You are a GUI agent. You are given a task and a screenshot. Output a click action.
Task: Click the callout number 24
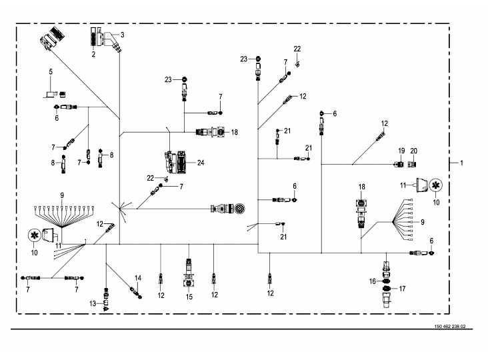(201, 163)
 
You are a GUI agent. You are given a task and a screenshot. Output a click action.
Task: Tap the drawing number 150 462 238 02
(450, 327)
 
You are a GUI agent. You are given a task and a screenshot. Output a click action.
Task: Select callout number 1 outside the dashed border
(461, 163)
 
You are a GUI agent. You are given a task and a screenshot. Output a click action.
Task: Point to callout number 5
(51, 72)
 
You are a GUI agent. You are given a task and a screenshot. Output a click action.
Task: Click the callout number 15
(189, 297)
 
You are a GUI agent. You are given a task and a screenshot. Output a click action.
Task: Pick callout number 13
(93, 303)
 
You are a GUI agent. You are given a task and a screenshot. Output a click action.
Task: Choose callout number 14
(138, 278)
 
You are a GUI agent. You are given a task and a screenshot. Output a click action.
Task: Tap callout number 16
(373, 281)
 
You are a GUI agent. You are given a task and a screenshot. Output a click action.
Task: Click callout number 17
(402, 289)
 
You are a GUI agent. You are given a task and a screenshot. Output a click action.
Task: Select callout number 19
(401, 151)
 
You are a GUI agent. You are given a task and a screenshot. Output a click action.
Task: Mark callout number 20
(413, 151)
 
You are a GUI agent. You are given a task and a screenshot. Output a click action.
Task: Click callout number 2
(93, 54)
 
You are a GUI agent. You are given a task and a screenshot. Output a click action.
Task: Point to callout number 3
(122, 35)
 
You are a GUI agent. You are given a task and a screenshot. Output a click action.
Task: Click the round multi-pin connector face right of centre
(239, 209)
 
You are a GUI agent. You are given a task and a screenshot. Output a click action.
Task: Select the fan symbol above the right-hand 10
(436, 185)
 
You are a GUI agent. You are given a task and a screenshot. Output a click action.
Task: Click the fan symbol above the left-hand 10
(34, 235)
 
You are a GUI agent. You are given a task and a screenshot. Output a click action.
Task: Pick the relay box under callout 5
(51, 94)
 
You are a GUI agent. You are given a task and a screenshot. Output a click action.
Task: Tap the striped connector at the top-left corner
(51, 38)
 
